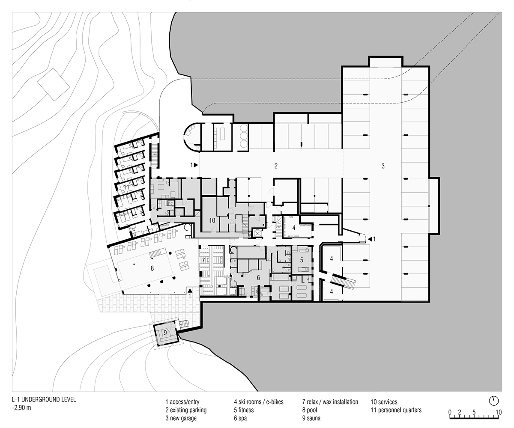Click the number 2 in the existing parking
pyautogui.click(x=276, y=166)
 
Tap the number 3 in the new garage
pyautogui.click(x=383, y=166)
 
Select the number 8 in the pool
pyautogui.click(x=152, y=268)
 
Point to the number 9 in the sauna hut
pyautogui.click(x=165, y=333)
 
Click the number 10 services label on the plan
pyautogui.click(x=212, y=220)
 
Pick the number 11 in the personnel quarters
pyautogui.click(x=126, y=187)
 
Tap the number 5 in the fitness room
pyautogui.click(x=302, y=260)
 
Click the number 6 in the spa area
pyautogui.click(x=258, y=278)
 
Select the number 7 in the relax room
pyautogui.click(x=203, y=260)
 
